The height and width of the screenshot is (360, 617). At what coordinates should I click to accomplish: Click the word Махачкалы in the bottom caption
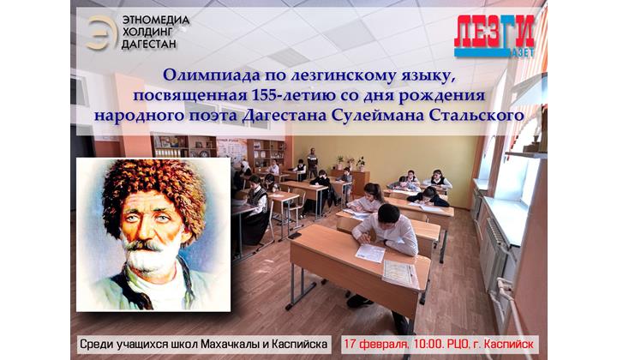(231, 344)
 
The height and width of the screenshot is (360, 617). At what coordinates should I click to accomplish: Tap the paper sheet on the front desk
(370, 253)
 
